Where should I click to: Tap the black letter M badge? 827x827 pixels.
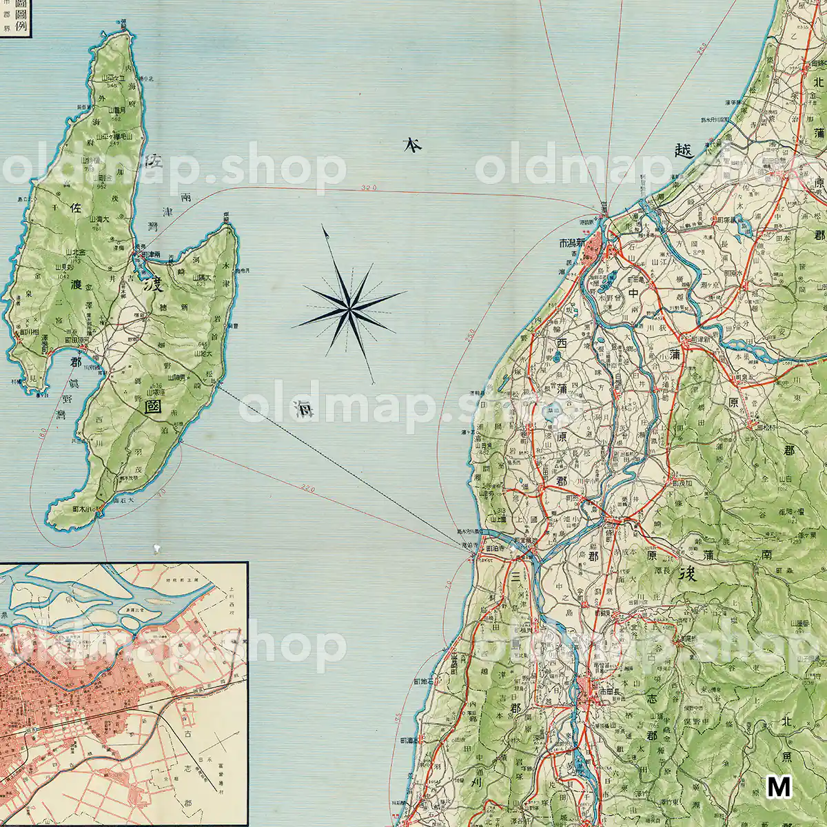point(779,786)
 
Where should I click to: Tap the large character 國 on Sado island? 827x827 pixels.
point(154,407)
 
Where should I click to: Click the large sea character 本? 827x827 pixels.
point(412,145)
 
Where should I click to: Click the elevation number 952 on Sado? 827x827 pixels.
point(101,185)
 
